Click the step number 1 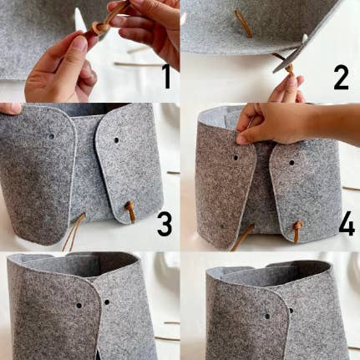pos(166,76)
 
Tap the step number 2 pos(341,78)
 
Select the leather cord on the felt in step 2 pos(243,23)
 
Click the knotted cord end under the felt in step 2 pos(290,70)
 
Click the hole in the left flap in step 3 pos(52,137)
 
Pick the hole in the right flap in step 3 pos(116,140)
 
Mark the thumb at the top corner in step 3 pos(11,108)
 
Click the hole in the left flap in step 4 pos(236,158)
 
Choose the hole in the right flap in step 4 pos(292,163)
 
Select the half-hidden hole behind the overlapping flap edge pos(291,311)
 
